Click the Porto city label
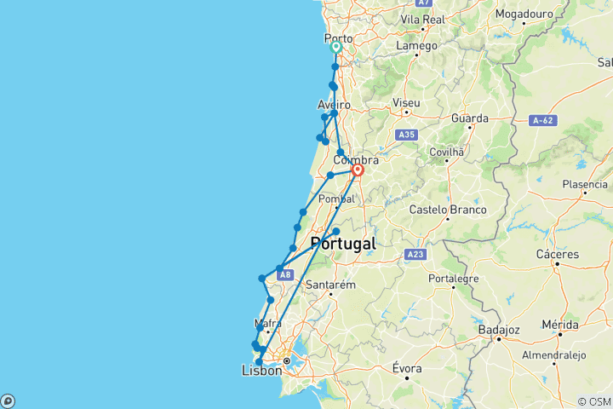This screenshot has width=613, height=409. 339,38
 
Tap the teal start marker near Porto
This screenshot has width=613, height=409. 336,49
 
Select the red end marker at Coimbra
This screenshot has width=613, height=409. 358,170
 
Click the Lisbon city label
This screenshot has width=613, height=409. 261,371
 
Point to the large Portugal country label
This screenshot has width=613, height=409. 343,244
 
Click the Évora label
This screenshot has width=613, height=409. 407,369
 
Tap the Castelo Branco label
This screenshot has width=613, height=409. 448,210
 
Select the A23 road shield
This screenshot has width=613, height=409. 415,254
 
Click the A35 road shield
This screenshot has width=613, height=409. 406,135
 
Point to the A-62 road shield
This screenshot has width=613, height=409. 541,120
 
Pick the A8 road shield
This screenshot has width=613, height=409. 285,274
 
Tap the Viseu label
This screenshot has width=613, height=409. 406,103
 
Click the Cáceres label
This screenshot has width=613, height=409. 558,254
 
